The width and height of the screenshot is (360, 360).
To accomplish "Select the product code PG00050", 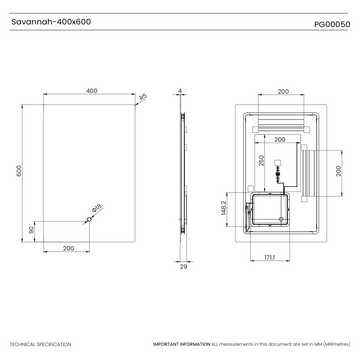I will (x=329, y=17).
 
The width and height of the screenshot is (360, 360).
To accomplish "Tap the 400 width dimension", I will (x=91, y=91).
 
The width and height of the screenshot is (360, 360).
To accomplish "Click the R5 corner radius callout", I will (x=143, y=97).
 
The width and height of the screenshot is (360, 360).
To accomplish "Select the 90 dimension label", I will (x=32, y=229).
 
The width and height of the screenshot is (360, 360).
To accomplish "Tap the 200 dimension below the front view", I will (x=68, y=246).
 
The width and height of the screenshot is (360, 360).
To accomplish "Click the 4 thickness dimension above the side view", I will (x=179, y=91).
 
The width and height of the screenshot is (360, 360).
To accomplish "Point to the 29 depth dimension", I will (x=183, y=267).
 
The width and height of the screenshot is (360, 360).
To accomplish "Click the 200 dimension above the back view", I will (x=283, y=91).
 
